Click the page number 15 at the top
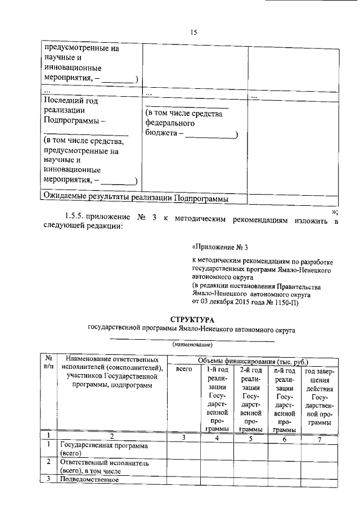pyautogui.click(x=193, y=32)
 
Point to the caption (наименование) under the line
pyautogui.click(x=192, y=344)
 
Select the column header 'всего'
pyautogui.click(x=184, y=370)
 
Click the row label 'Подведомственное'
pyautogui.click(x=88, y=480)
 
